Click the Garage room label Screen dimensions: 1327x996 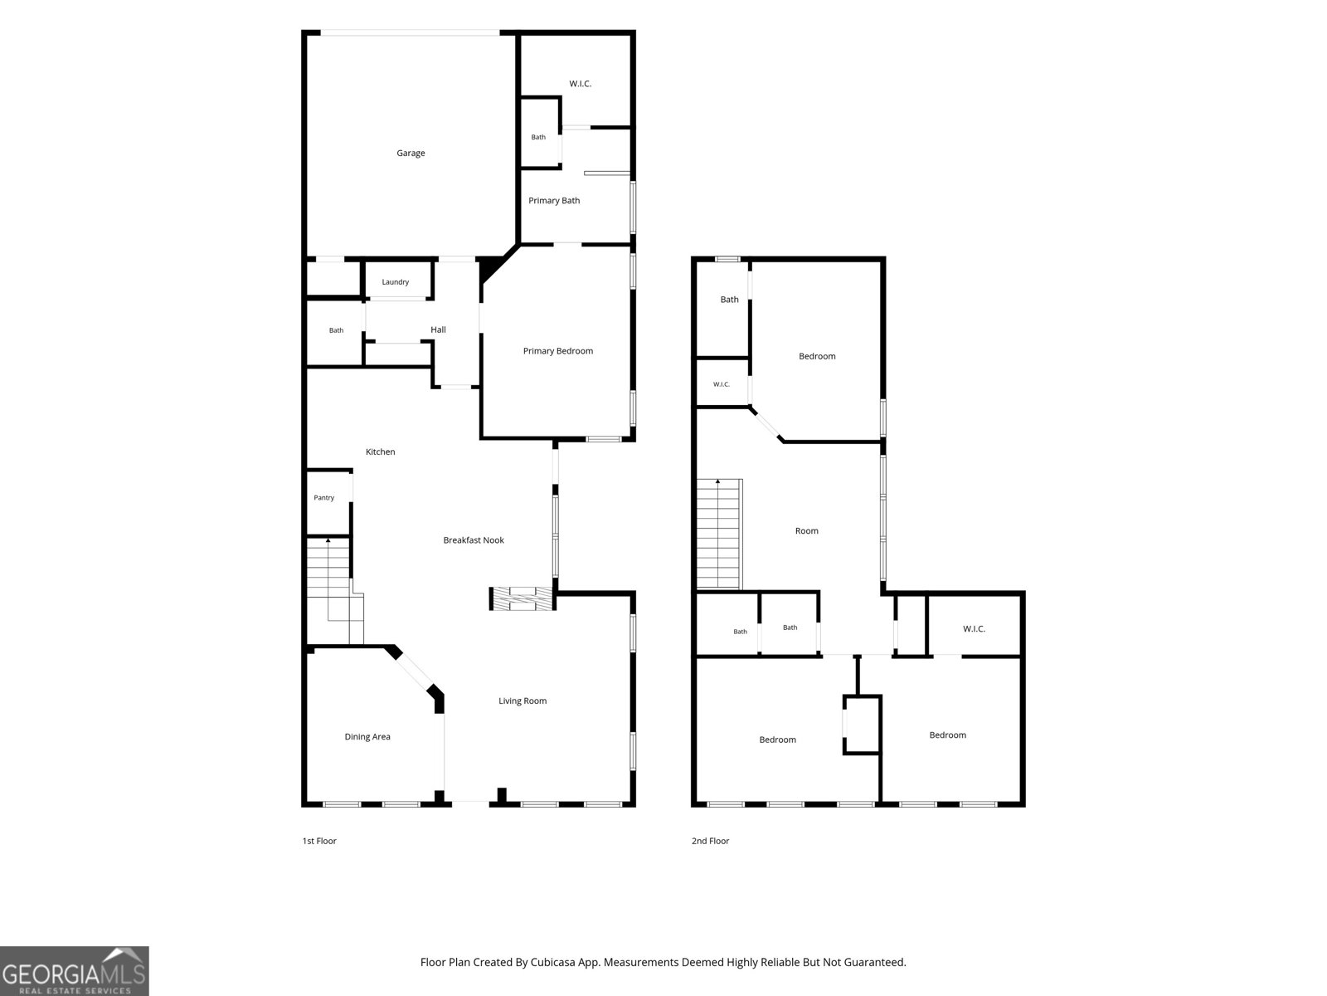coord(411,153)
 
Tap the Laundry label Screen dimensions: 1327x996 coord(396,282)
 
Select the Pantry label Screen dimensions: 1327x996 coord(324,498)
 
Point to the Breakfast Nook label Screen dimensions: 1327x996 coord(474,540)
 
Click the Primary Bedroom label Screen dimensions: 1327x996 coord(558,351)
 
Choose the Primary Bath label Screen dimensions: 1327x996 coord(554,200)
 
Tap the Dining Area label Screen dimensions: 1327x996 coord(367,736)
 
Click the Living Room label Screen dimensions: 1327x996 coord(523,701)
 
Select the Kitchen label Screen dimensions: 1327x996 coord(380,452)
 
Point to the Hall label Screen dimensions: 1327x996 coord(438,330)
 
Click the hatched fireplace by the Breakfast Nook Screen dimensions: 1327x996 coord(522,598)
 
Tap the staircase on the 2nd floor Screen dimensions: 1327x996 coord(719,534)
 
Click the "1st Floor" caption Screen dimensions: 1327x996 coord(319,841)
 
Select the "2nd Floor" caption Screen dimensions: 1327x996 coord(710,841)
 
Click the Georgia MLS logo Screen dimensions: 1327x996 coord(75,970)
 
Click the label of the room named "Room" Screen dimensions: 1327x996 coord(806,531)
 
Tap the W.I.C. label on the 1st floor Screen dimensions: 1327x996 coord(580,84)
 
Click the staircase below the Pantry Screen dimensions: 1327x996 coord(335,591)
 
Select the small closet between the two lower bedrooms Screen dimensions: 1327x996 coord(862,725)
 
